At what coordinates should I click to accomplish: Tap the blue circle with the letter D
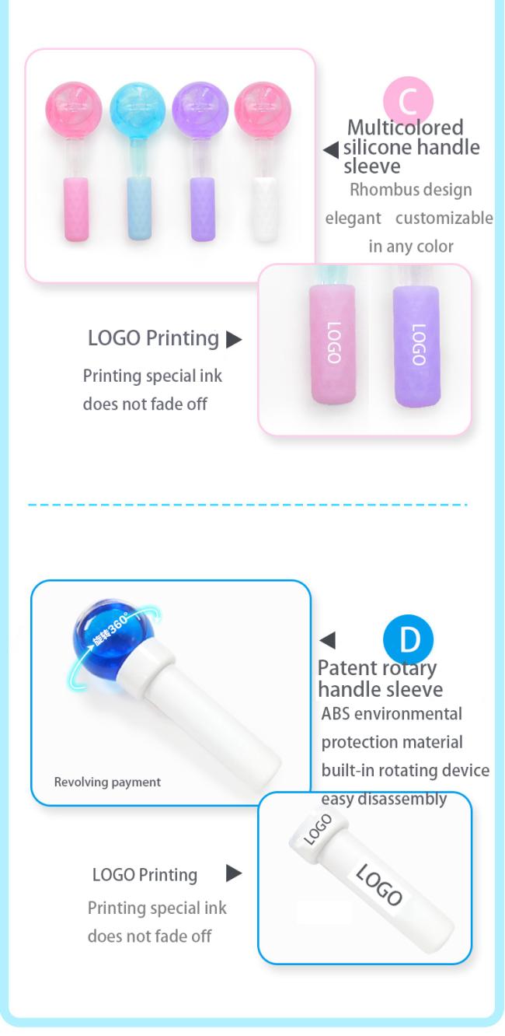409,639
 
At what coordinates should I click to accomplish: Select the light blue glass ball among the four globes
138,109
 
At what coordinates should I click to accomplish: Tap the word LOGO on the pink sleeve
333,342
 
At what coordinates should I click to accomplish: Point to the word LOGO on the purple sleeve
418,345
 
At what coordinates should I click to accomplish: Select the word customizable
444,218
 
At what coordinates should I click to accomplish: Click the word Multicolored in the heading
405,128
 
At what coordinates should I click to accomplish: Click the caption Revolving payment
107,782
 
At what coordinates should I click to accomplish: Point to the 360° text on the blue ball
117,626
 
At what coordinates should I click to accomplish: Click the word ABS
336,714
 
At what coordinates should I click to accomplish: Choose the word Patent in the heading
347,668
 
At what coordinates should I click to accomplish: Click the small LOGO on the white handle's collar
318,829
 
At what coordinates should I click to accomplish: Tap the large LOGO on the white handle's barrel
379,884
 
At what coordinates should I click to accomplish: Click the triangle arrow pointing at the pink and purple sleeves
234,339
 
